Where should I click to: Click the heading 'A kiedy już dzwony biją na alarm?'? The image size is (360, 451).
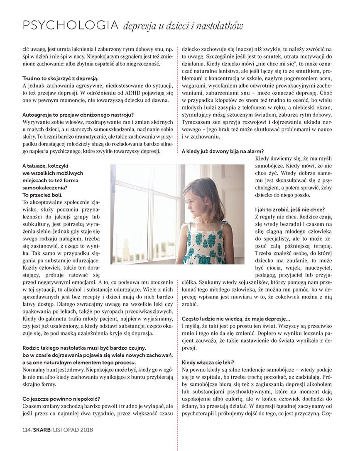tap(223, 151)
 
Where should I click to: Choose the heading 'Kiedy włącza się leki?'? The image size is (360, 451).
tap(208, 362)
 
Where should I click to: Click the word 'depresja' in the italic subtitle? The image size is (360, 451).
tap(139, 26)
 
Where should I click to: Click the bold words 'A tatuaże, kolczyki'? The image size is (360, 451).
tap(45, 166)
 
